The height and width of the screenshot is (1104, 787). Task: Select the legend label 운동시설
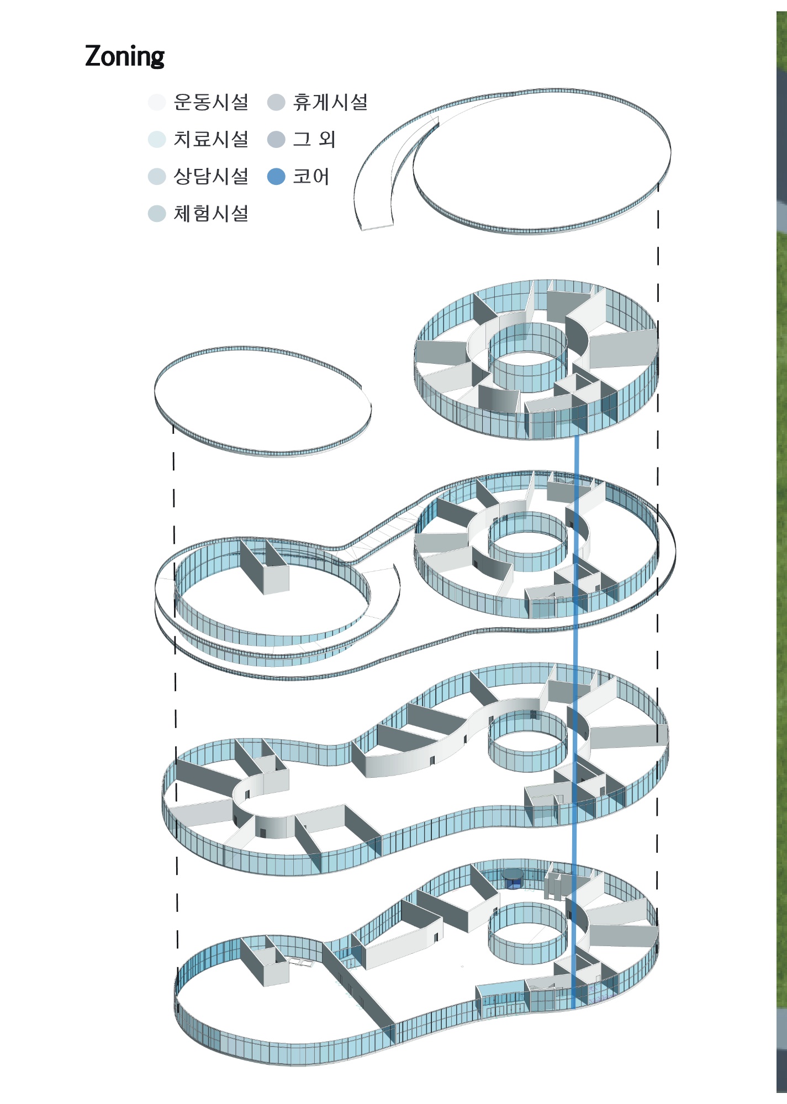[211, 102]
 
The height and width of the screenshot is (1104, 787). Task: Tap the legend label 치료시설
[211, 139]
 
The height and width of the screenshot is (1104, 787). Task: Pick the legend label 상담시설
[211, 177]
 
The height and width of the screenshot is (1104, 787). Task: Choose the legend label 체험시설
[211, 214]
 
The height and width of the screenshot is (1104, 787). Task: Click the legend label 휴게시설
[330, 102]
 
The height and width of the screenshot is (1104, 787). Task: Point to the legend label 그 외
[314, 139]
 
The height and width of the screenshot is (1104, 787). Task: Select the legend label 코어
[311, 177]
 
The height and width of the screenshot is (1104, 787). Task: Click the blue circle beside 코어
[276, 177]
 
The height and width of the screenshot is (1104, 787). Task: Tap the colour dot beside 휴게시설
[276, 102]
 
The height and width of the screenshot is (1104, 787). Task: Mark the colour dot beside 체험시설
[157, 214]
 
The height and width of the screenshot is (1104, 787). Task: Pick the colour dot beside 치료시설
[157, 139]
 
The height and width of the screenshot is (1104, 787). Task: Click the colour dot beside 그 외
[276, 139]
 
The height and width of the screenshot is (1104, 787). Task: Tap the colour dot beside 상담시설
[157, 177]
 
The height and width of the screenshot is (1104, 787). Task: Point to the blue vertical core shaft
[575, 722]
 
